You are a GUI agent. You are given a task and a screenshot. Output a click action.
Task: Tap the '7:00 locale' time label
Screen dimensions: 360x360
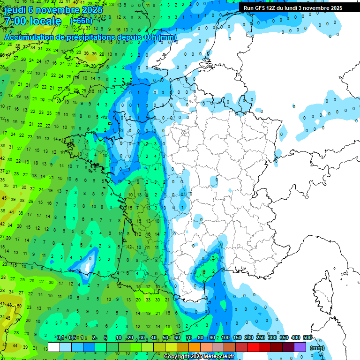click(32, 21)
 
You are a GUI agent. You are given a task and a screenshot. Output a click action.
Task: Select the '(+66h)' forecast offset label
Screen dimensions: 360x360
click(81, 21)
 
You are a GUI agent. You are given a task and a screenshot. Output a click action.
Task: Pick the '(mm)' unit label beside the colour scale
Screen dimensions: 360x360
click(317, 348)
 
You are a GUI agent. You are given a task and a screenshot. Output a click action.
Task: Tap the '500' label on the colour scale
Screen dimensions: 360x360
click(307, 338)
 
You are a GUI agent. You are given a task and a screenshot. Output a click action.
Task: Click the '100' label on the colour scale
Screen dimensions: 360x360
click(225, 338)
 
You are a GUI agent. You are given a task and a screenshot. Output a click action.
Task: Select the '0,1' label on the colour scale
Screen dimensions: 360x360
click(60, 338)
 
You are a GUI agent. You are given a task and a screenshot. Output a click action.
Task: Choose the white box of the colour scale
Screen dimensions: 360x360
click(54, 347)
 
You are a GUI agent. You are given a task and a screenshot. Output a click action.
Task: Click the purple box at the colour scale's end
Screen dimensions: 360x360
click(300, 347)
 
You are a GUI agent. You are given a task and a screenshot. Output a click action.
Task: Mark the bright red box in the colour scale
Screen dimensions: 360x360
click(253, 347)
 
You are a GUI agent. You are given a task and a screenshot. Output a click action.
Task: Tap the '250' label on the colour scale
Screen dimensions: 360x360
click(260, 338)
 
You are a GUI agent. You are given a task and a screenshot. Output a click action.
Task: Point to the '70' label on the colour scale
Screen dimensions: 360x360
click(189, 338)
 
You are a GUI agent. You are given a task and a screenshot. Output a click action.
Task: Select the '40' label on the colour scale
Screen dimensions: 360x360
click(154, 338)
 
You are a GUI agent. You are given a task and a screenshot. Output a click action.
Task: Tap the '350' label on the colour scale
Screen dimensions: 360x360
click(284, 338)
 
